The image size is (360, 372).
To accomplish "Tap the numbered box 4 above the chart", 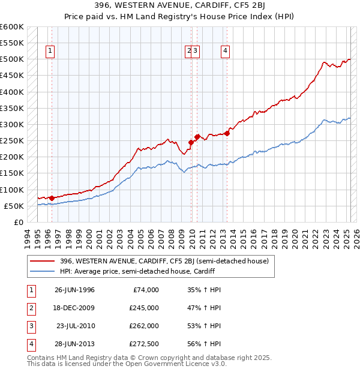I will point(224,51).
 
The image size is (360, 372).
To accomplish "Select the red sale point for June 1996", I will point(52,198).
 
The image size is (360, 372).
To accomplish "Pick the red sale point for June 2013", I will point(227,133).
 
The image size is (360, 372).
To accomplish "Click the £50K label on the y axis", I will point(14,206).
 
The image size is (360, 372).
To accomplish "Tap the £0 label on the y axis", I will point(18,222).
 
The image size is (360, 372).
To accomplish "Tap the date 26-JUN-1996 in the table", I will point(74,290).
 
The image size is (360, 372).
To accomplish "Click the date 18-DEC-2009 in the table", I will point(74,308).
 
